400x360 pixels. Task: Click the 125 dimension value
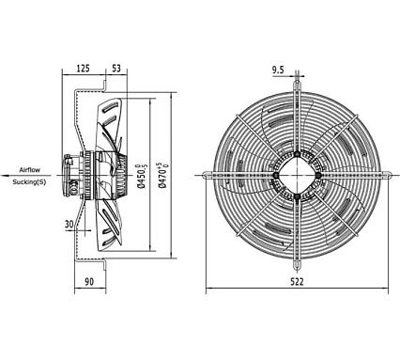click(84, 68)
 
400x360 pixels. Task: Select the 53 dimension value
click(116, 68)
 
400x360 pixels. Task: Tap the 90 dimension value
click(89, 281)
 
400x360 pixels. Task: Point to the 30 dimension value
click(69, 224)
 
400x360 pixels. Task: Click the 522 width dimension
click(297, 282)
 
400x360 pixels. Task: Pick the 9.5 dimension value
click(278, 70)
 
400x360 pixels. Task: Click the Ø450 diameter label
click(142, 176)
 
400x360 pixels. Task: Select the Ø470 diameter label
click(163, 175)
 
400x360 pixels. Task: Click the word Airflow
click(30, 170)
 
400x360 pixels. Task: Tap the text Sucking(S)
click(29, 182)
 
